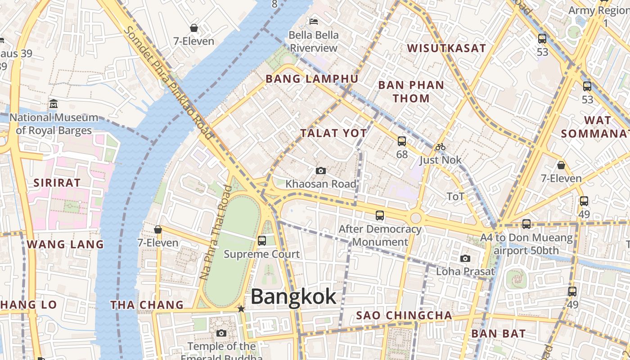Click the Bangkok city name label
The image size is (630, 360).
(x=293, y=297)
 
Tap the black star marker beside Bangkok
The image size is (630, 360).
(x=241, y=309)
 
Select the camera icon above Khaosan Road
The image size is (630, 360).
(x=320, y=171)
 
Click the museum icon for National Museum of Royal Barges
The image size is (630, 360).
(x=54, y=104)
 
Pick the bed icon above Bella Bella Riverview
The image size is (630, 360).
(x=314, y=21)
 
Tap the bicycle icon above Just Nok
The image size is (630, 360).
(x=440, y=147)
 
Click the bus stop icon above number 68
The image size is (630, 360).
(x=402, y=141)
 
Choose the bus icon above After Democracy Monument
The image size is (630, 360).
(x=380, y=216)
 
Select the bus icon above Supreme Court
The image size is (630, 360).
(x=262, y=241)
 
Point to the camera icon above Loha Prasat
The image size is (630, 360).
(x=465, y=258)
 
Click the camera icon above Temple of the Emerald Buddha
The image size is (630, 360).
(x=221, y=333)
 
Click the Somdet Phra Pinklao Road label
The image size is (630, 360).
(x=168, y=82)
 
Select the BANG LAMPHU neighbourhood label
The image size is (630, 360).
(x=312, y=79)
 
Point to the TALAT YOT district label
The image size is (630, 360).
(x=333, y=133)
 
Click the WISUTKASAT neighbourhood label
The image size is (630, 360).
(x=446, y=48)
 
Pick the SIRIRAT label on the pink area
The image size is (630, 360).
(x=57, y=183)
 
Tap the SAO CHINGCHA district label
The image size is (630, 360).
(x=404, y=315)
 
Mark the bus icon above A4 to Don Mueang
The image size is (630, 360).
(x=526, y=224)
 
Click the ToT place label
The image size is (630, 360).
(x=455, y=197)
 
